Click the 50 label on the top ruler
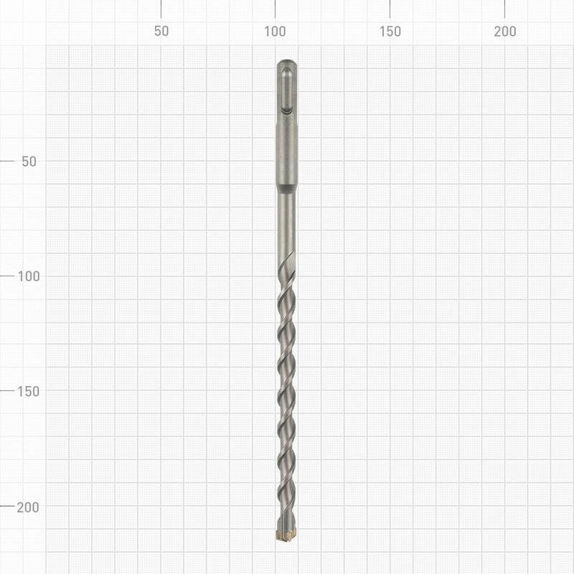pos(161,31)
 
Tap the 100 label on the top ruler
pos(275,32)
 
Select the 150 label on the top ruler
pos(390,32)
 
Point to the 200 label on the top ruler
pos(505,32)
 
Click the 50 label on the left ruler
pos(29,161)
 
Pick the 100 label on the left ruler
pos(29,276)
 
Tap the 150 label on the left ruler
pos(29,391)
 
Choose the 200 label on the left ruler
pos(28,507)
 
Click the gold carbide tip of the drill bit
pos(286,535)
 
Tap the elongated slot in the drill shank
pos(286,91)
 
